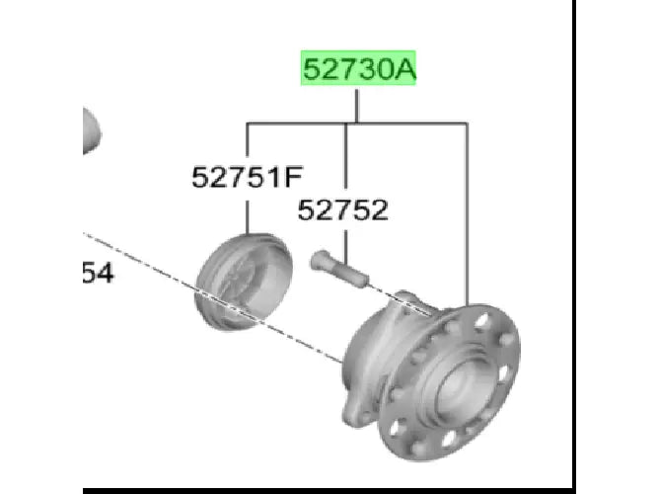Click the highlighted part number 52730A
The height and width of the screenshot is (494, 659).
(358, 69)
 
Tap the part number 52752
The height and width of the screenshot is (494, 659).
(344, 209)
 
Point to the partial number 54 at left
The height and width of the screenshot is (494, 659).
(97, 273)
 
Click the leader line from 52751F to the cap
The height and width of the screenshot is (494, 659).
(246, 212)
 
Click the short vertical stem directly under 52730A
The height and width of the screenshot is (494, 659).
(357, 104)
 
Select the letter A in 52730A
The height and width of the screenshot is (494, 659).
(403, 69)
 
